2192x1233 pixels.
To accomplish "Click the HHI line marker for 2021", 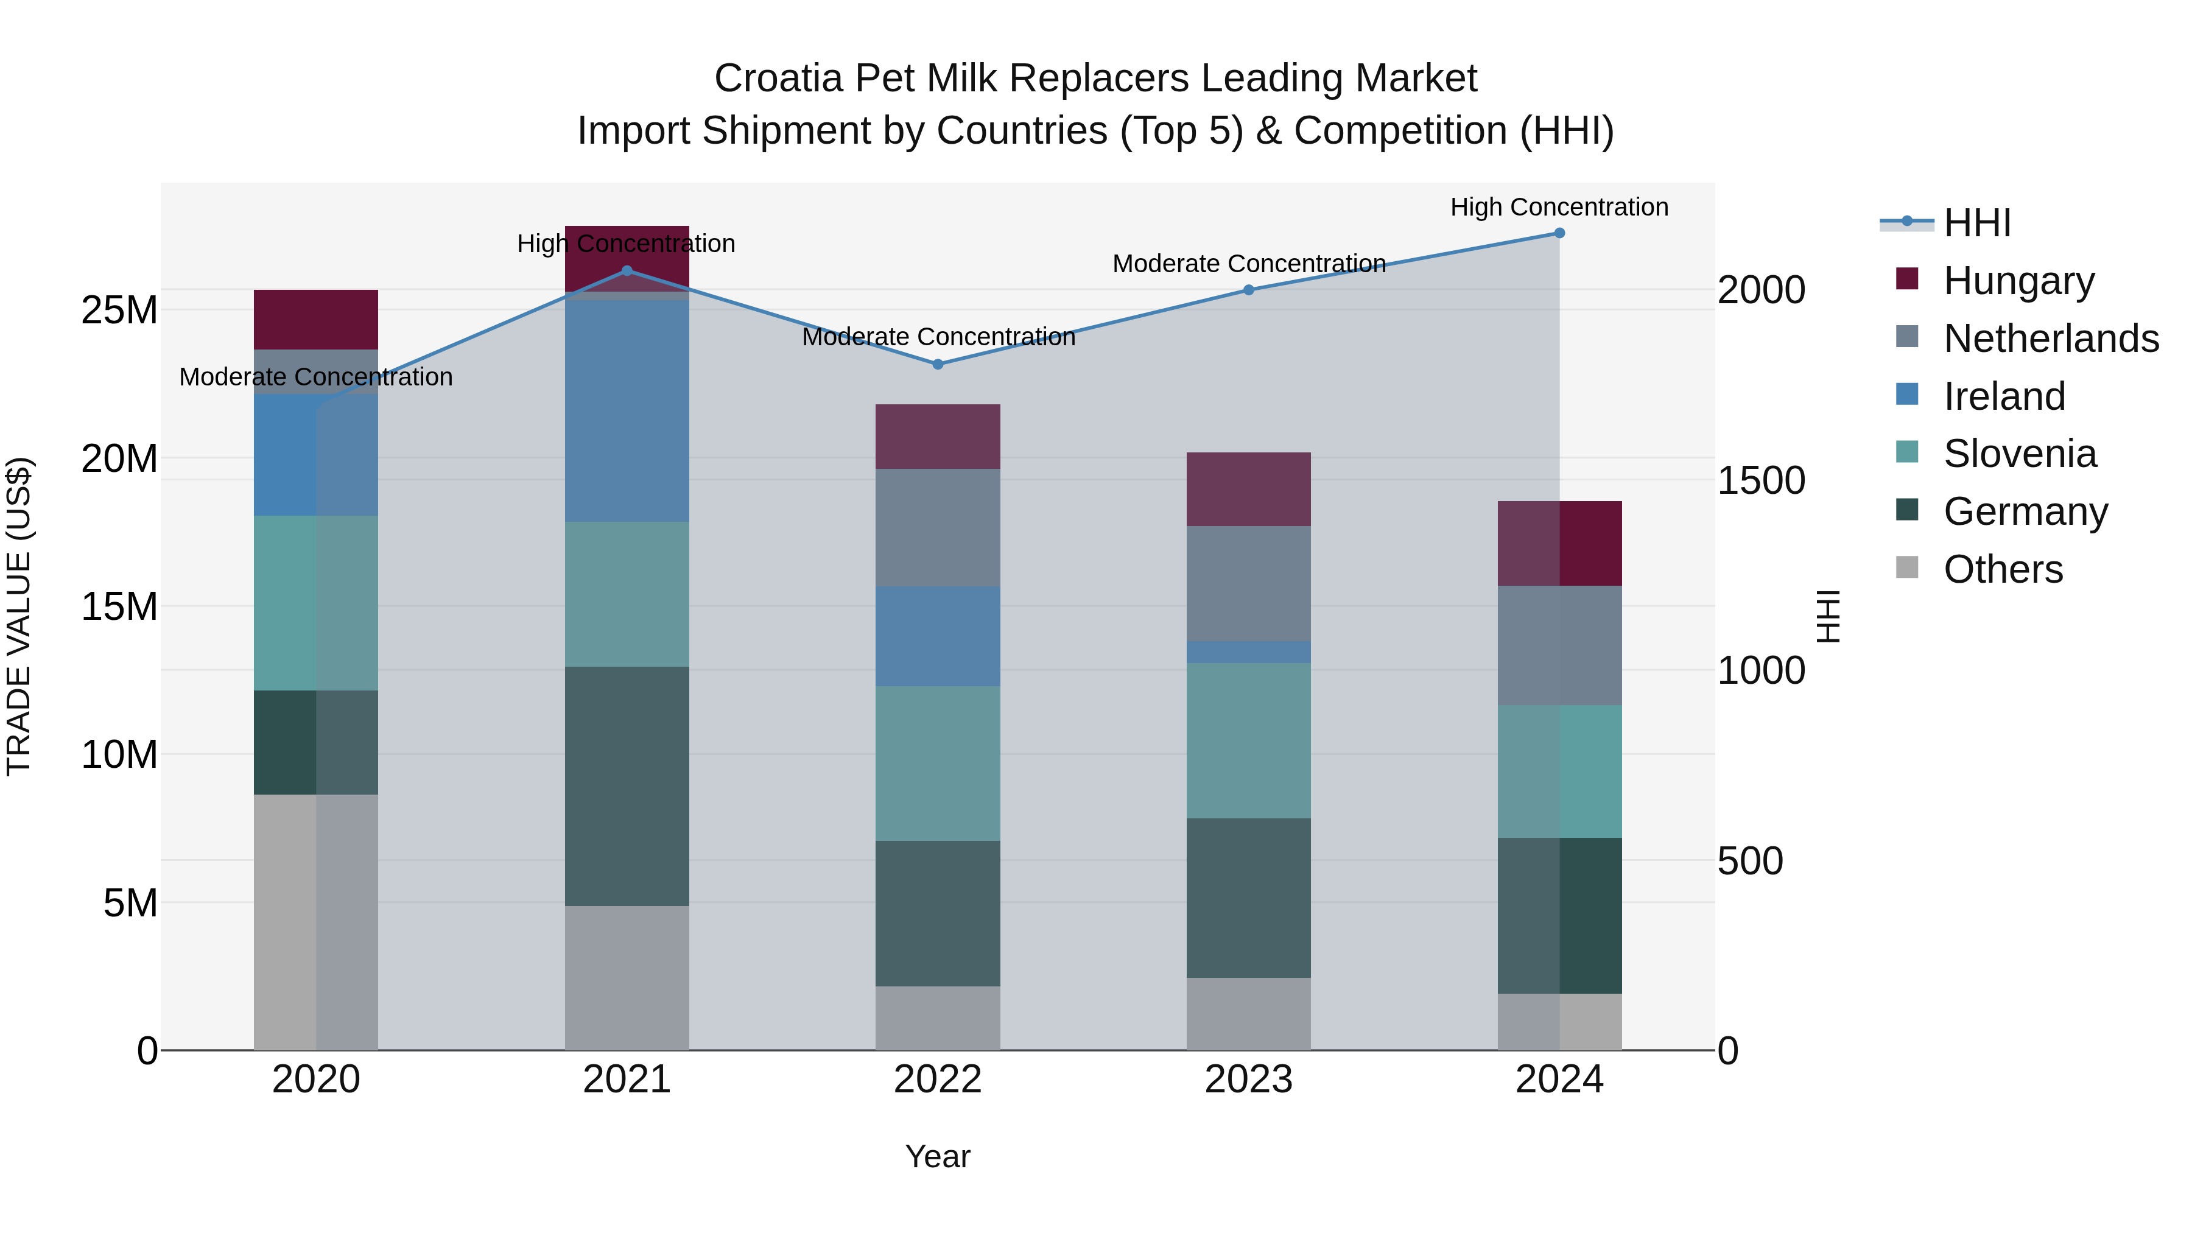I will point(627,270).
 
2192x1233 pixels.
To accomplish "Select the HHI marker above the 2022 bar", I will point(938,364).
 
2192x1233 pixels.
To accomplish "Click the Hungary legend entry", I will point(2018,280).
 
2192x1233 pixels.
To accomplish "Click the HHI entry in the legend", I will point(1976,222).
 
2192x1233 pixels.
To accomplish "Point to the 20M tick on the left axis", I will point(119,458).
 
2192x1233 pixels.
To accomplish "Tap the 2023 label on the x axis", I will point(1248,1080).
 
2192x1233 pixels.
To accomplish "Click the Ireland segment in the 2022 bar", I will point(938,636).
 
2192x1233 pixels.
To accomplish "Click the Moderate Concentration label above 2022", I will point(938,337).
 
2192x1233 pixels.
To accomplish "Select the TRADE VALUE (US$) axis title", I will point(19,616).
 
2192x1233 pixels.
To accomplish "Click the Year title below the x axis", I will point(938,1156).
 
